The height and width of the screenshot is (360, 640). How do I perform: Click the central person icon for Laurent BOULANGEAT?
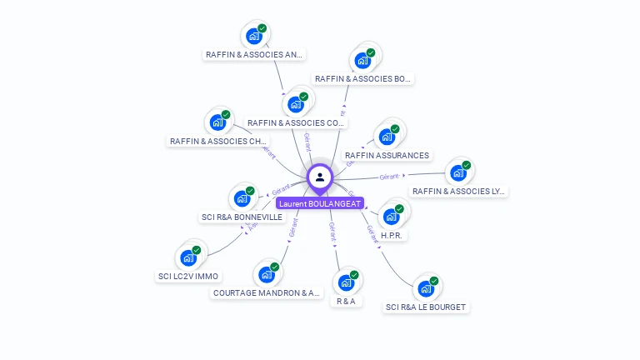click(x=320, y=177)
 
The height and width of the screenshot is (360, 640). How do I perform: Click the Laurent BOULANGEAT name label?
click(x=320, y=203)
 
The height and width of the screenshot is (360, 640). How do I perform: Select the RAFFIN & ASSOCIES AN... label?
click(x=254, y=55)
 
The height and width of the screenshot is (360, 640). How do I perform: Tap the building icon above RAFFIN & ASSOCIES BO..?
click(x=362, y=60)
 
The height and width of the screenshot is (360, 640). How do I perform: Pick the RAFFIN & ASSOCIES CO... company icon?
click(x=295, y=104)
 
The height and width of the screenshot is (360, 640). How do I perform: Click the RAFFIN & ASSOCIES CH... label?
click(x=218, y=142)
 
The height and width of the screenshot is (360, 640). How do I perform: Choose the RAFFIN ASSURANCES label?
click(x=387, y=156)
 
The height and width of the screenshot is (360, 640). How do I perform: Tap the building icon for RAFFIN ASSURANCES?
click(x=387, y=137)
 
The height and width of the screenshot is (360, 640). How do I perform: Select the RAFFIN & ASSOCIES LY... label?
click(x=458, y=192)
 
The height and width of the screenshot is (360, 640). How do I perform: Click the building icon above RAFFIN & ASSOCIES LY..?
click(x=457, y=172)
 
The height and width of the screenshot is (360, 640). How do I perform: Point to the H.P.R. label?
click(x=392, y=236)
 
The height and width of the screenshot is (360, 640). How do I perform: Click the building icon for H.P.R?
click(x=391, y=217)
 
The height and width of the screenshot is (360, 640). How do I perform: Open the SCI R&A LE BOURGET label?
click(x=426, y=307)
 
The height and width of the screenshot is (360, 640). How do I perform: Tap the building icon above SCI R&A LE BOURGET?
click(x=426, y=289)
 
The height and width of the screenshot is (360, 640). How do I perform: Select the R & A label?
click(x=347, y=301)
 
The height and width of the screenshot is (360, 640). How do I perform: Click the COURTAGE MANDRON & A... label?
click(x=267, y=293)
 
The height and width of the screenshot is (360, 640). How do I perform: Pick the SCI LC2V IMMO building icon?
click(x=187, y=257)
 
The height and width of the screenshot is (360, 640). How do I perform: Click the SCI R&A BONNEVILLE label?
click(x=242, y=217)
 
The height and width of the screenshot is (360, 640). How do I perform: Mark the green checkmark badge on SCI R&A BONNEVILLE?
click(x=250, y=191)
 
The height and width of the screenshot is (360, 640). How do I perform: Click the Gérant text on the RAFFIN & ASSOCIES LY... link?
click(x=389, y=177)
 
